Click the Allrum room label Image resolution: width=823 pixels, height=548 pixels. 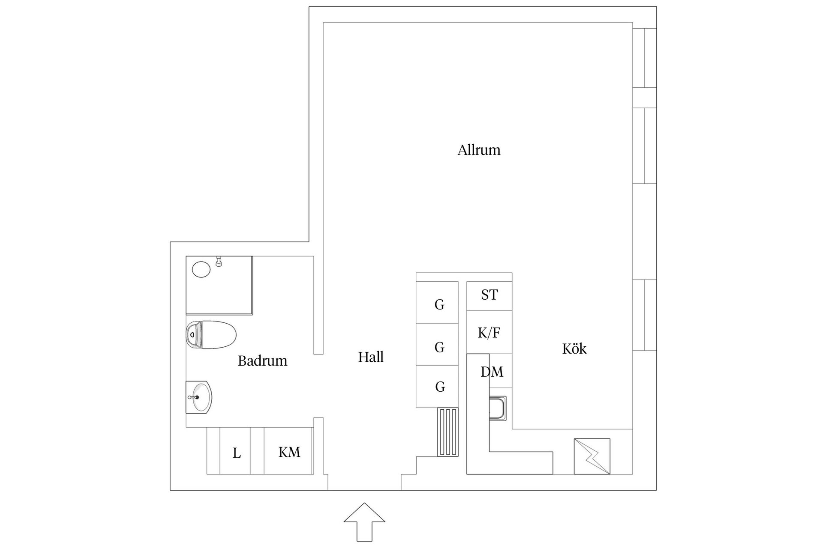click(x=479, y=150)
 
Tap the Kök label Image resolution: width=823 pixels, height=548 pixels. click(x=574, y=349)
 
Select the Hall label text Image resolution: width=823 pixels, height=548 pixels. click(x=371, y=357)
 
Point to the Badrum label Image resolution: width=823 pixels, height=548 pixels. click(x=262, y=361)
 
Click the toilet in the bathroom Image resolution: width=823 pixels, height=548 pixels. click(x=211, y=334)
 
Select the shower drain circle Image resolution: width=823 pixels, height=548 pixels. click(x=201, y=270)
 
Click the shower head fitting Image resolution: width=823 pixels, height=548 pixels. click(x=219, y=262)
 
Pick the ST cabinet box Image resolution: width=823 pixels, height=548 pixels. click(x=489, y=295)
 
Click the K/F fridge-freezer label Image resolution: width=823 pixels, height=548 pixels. click(x=489, y=333)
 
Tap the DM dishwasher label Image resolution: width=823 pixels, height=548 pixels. click(x=492, y=372)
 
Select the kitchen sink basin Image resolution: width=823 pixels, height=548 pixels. click(x=498, y=408)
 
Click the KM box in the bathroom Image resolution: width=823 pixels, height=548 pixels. click(x=289, y=453)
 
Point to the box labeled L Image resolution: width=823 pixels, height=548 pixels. click(x=236, y=453)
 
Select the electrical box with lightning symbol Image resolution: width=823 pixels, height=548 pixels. click(x=592, y=456)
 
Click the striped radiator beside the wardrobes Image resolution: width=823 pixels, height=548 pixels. click(x=448, y=432)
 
